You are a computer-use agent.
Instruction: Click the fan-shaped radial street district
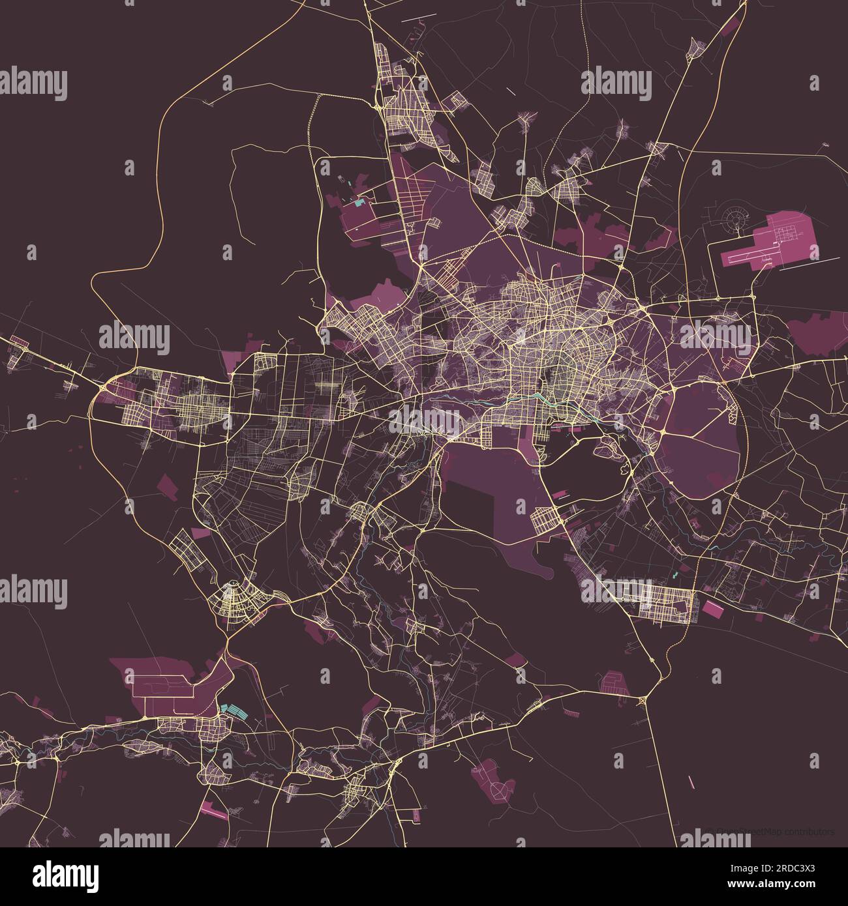tap(232, 600)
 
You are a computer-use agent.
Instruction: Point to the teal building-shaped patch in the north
tap(359, 202)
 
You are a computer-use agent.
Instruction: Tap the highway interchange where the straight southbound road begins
tap(643, 701)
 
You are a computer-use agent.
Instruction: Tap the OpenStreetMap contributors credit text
tap(773, 832)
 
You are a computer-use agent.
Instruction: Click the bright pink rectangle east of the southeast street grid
tap(712, 609)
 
